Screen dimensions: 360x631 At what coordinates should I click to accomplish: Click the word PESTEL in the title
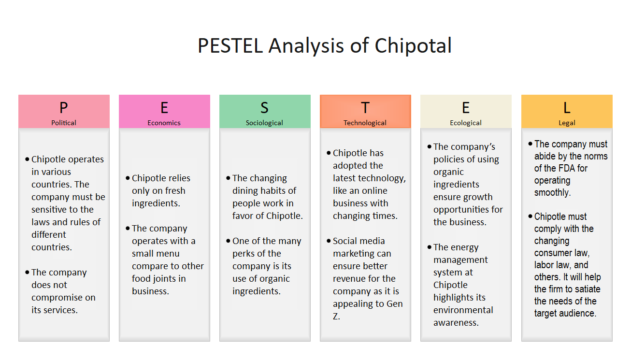click(x=230, y=46)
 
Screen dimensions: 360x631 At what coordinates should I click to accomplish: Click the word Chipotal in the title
click(x=413, y=46)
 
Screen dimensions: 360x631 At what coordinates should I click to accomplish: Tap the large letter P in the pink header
click(x=64, y=108)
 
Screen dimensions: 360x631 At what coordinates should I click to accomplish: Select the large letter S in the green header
click(x=264, y=108)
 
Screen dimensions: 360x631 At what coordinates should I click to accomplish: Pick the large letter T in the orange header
click(x=365, y=108)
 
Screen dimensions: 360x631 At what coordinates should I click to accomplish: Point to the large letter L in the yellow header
click(x=567, y=108)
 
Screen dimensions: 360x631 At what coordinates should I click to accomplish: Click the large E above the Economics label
click(x=164, y=108)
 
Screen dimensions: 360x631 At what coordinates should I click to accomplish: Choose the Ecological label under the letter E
click(x=466, y=123)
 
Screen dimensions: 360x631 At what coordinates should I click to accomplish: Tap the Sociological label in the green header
click(x=264, y=123)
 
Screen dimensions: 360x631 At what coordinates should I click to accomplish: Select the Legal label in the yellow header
click(x=567, y=123)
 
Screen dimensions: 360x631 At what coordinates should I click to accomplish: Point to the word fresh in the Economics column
click(x=173, y=191)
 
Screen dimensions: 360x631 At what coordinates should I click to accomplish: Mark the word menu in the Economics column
click(x=169, y=254)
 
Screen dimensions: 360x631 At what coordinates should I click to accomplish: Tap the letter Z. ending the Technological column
click(x=336, y=317)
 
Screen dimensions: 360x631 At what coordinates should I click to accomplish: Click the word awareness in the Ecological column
click(x=456, y=323)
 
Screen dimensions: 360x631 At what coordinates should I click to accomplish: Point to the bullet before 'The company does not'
click(x=27, y=273)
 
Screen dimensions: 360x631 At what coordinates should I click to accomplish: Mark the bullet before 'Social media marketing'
click(x=329, y=241)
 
